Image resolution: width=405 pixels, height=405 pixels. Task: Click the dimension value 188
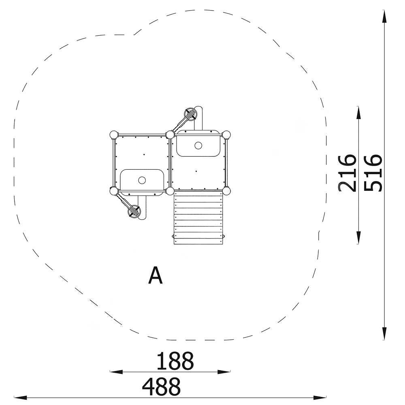(x=175, y=361)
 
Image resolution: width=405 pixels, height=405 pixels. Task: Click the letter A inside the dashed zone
(x=156, y=275)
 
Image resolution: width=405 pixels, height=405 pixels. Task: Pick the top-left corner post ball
(x=114, y=135)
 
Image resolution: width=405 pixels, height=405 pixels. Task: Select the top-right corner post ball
(x=226, y=135)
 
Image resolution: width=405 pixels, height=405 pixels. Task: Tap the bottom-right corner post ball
(x=226, y=191)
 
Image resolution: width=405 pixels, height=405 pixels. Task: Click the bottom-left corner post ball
(x=114, y=191)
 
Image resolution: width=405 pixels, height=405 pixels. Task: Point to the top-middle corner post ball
(x=170, y=135)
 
